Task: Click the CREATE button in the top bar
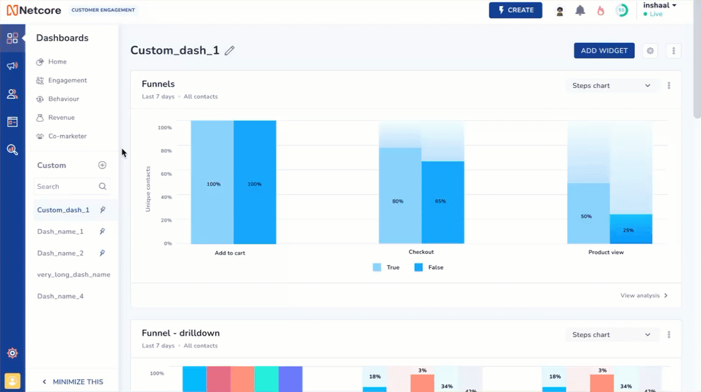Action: tap(515, 10)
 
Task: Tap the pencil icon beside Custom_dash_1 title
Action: tap(229, 51)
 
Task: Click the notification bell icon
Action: tap(580, 10)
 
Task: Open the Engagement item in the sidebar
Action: tap(67, 81)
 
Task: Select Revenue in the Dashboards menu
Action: tap(61, 118)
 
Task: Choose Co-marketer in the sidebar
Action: tap(67, 136)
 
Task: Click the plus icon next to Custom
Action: tap(102, 165)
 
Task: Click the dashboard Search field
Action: tap(66, 187)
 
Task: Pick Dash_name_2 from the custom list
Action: tap(60, 253)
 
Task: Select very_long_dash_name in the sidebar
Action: tap(73, 275)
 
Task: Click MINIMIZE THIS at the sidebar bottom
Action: tap(72, 382)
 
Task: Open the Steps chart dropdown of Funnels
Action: tap(611, 86)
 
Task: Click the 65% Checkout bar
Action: tap(442, 202)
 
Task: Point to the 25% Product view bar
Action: tap(631, 229)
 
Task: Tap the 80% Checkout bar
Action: tap(399, 195)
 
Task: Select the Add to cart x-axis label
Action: tap(230, 253)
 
